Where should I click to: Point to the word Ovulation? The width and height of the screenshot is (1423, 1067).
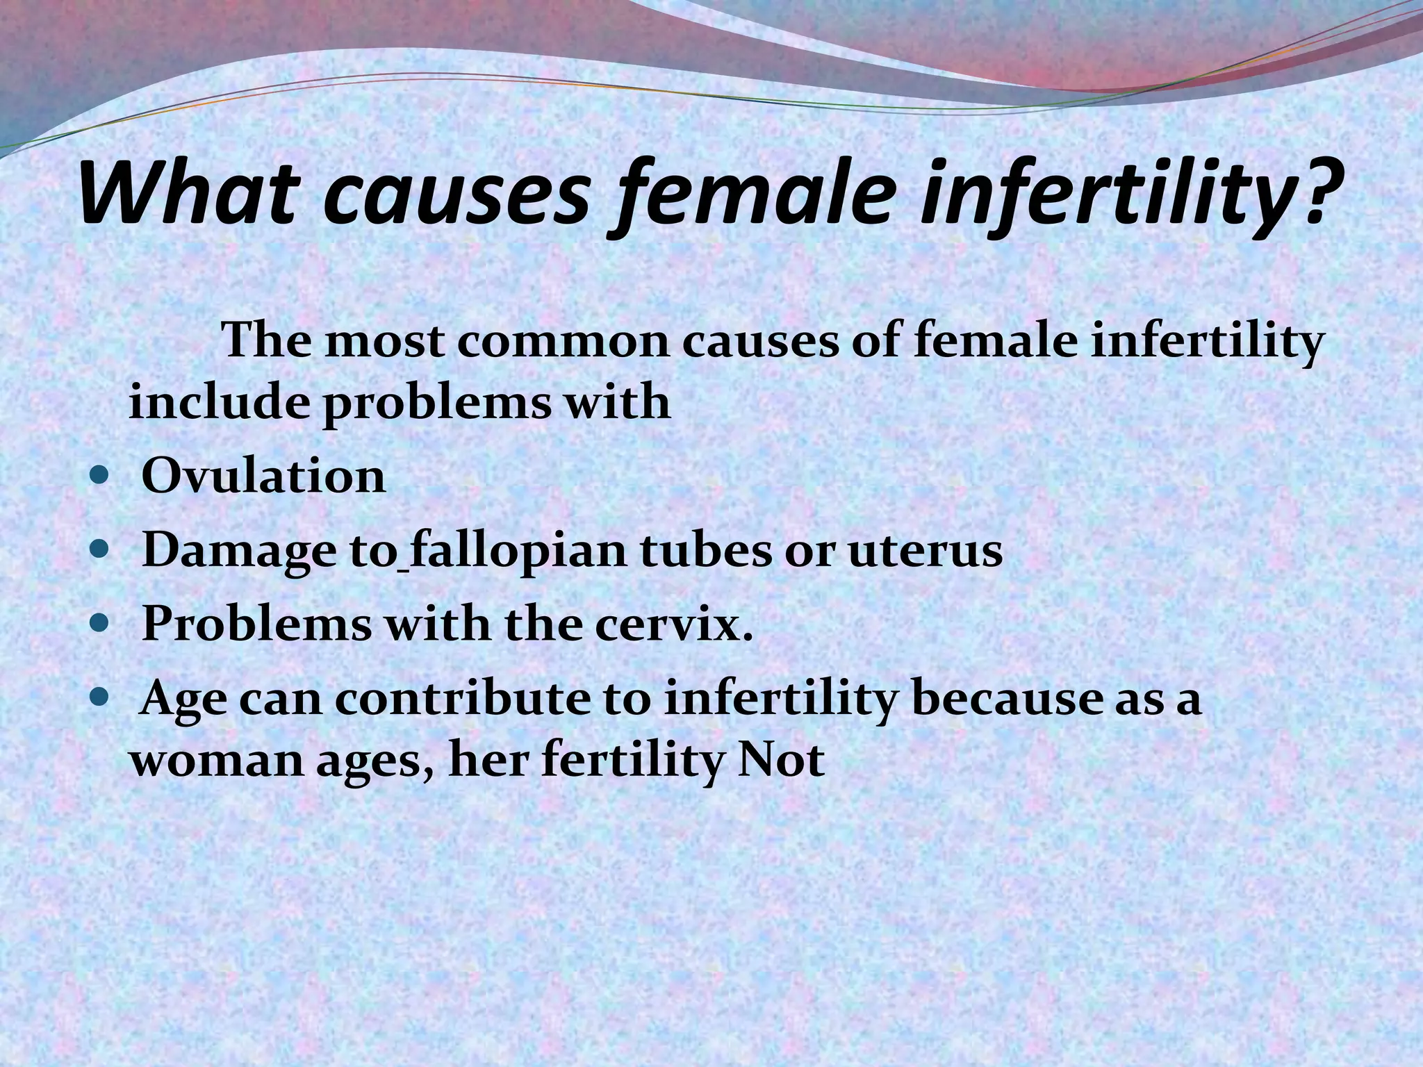(x=263, y=477)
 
